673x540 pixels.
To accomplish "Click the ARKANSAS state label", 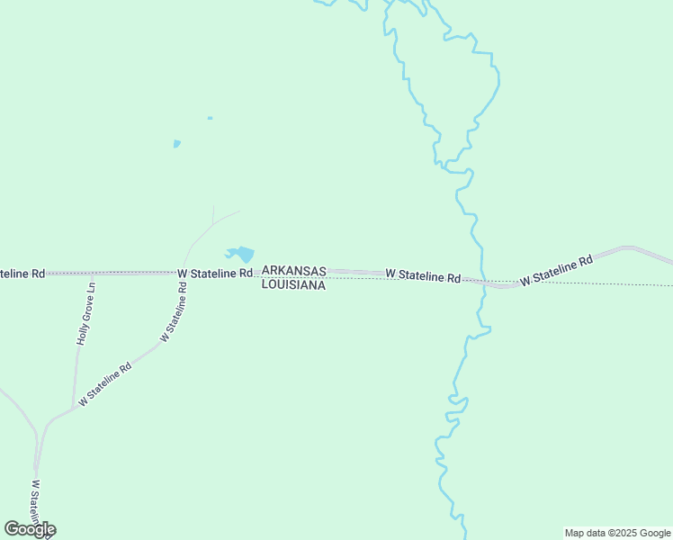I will coord(293,271).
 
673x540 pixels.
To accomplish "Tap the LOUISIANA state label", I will coord(293,284).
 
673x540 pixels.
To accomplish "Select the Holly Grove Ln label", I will coord(85,313).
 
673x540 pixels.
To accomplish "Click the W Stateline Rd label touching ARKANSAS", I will coord(215,273).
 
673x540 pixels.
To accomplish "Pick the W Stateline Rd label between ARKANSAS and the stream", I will coord(423,275).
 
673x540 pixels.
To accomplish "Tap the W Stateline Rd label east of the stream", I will coord(557,270).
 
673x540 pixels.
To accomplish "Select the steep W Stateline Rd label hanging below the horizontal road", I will coord(175,311).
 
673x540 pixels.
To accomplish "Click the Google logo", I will coord(30,529).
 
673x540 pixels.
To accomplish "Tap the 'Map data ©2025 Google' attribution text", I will coord(617,533).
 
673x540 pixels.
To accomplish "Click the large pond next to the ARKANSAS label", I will coord(240,255).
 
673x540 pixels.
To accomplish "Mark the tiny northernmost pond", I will coord(210,118).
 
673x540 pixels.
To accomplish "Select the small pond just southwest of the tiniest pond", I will coord(177,143).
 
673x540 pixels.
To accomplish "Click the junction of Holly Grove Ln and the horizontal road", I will coord(92,272).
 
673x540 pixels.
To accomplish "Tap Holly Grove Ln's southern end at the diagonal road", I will coord(73,409).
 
